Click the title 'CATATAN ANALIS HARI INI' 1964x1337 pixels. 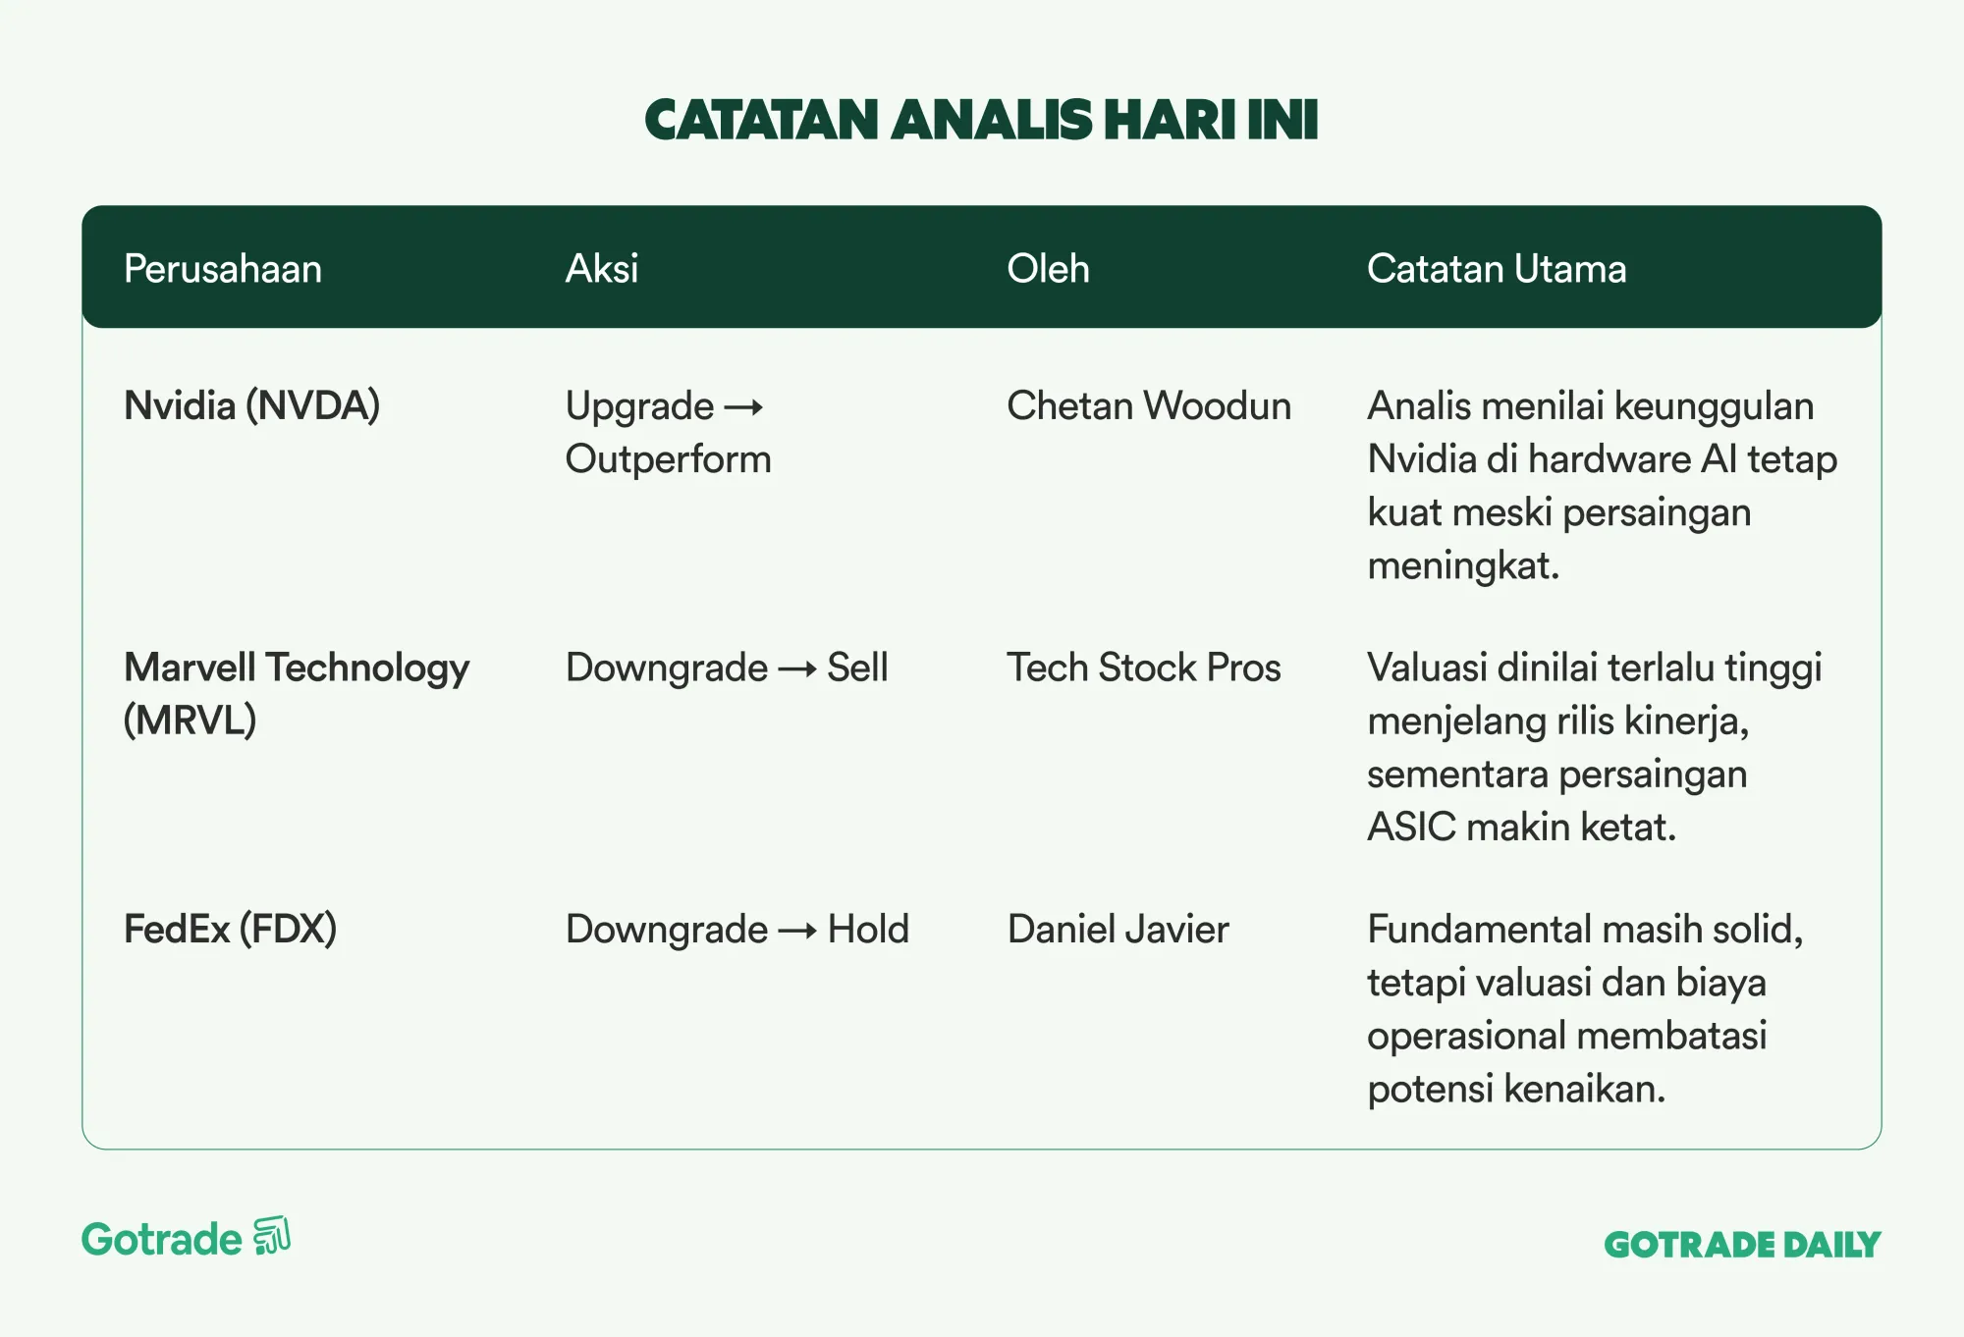[981, 120]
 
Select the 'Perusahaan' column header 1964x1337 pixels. [223, 269]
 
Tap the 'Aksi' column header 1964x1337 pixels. [602, 269]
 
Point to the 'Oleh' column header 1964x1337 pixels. [1048, 269]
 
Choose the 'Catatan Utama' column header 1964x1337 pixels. [1497, 269]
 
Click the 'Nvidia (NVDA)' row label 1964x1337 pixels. [251, 406]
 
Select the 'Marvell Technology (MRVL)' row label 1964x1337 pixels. [297, 694]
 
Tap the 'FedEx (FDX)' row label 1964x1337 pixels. [230, 930]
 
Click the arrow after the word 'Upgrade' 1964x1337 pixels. [743, 407]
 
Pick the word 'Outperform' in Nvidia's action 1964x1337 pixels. [669, 459]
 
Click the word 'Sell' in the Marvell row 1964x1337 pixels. [857, 668]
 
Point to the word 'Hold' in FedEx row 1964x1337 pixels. [868, 930]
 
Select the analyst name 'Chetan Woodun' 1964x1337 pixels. [1149, 406]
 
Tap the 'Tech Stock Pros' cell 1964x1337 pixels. [1144, 668]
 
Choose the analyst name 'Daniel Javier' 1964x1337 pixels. [1118, 930]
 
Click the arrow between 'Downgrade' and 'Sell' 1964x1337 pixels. [797, 669]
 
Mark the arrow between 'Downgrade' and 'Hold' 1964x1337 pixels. [797, 931]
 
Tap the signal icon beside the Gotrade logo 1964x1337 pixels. [272, 1236]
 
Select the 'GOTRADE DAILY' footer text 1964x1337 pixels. [1742, 1245]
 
